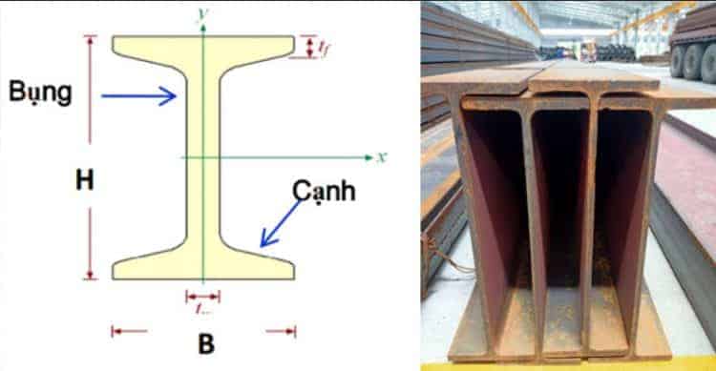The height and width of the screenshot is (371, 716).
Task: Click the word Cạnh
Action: click(325, 191)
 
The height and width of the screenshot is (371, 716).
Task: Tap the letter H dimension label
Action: click(85, 181)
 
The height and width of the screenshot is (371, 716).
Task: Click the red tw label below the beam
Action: click(202, 309)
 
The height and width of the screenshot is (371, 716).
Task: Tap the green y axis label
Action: click(202, 12)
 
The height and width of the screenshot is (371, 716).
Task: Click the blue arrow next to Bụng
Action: click(138, 94)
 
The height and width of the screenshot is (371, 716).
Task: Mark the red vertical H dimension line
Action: click(91, 114)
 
